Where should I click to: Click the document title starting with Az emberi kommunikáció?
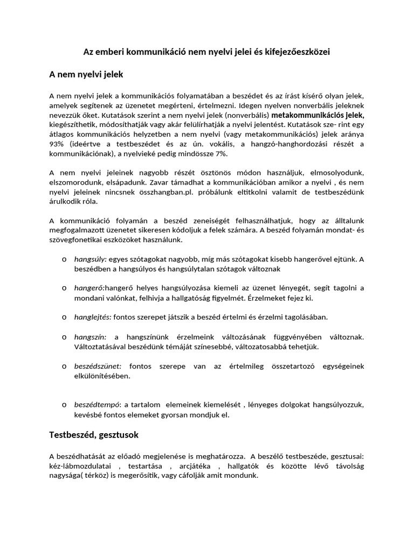206,52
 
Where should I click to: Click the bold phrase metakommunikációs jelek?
318,115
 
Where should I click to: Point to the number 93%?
57,144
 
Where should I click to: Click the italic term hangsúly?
90,259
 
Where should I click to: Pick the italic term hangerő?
89,288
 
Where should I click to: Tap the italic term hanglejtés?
92,317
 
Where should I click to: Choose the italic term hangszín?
90,337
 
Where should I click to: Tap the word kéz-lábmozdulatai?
80,467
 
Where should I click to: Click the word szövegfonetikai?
75,240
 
